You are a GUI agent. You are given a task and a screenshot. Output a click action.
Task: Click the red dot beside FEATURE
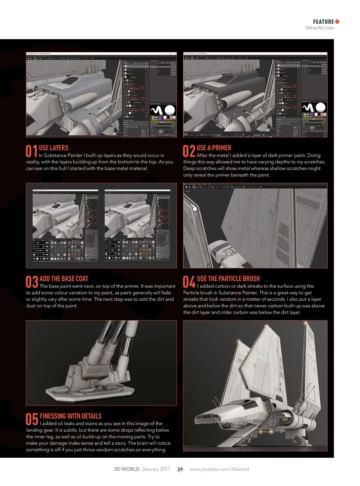[x=337, y=22]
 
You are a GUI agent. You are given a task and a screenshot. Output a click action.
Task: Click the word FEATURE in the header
[x=324, y=22]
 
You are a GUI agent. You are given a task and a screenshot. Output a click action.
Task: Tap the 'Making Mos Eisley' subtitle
[x=320, y=28]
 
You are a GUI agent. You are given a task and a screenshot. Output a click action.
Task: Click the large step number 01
[x=32, y=151]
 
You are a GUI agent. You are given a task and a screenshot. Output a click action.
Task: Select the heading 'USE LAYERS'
[x=54, y=148]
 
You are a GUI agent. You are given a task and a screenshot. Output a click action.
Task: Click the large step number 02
[x=189, y=151]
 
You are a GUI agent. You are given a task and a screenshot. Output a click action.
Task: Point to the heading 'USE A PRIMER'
[x=214, y=148]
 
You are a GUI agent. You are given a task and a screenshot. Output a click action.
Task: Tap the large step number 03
[x=32, y=282]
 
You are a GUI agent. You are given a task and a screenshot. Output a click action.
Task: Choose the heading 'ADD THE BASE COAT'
[x=64, y=278]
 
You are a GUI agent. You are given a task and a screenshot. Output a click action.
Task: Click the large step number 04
[x=189, y=282]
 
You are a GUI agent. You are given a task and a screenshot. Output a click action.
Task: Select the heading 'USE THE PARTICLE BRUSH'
[x=229, y=278]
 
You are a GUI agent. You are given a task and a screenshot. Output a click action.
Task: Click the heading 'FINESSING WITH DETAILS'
[x=71, y=416]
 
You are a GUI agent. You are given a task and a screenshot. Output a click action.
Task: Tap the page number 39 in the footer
[x=180, y=469]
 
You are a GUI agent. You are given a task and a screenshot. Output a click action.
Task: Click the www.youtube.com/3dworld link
[x=219, y=469]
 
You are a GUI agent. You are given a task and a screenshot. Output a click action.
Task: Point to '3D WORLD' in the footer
[x=126, y=469]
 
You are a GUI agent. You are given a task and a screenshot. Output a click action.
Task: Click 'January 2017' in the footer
[x=156, y=469]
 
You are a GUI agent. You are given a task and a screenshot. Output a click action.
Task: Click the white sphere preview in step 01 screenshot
[x=169, y=110]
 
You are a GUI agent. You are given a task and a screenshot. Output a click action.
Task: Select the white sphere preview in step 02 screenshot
[x=320, y=108]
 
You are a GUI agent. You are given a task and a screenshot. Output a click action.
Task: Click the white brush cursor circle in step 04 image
[x=195, y=208]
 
